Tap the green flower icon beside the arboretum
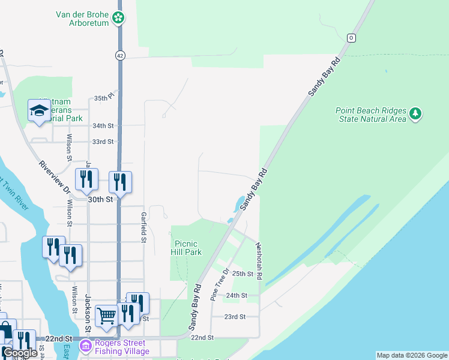coord(119,18)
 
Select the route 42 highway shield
coord(120,55)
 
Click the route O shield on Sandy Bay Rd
coord(351,38)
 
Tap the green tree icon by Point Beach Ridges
coord(415,113)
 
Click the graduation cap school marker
coord(39,110)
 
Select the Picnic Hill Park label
coord(188,247)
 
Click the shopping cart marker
coord(106,315)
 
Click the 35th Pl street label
coord(103,97)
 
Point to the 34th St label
coord(103,125)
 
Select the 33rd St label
coord(103,142)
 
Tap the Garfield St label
coord(143,227)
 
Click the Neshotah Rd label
coord(259,261)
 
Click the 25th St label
coord(243,274)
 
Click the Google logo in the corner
coord(20,353)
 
